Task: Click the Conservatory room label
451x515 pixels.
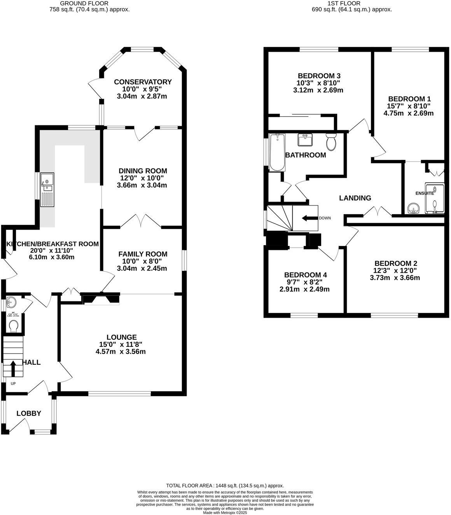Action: (142, 82)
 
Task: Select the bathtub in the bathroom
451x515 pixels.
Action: (277, 152)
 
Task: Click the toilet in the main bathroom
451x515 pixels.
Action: (331, 142)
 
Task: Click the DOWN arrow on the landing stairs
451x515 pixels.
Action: (310, 218)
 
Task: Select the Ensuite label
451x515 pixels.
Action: (425, 193)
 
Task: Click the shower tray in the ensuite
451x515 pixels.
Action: (434, 199)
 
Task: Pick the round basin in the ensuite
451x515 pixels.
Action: (413, 209)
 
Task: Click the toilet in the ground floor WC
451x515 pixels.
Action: (14, 325)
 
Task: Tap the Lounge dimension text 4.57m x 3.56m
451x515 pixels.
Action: (121, 352)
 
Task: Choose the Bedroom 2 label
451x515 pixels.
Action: (395, 264)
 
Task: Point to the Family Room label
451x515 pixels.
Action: (143, 254)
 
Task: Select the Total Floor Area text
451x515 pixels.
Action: (225, 485)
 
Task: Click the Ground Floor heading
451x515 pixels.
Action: (84, 3)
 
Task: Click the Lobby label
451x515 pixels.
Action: (29, 413)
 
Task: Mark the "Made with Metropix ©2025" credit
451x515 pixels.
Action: (225, 513)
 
